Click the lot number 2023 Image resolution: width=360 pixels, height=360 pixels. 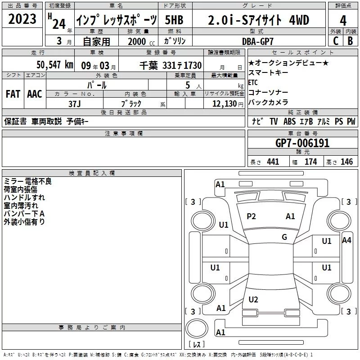(x=22, y=19)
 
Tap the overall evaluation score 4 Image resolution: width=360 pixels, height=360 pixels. (x=343, y=21)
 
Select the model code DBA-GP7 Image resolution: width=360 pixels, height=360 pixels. (x=258, y=41)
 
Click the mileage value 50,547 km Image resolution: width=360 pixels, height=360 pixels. (x=55, y=65)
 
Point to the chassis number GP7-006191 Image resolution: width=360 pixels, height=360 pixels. (x=302, y=143)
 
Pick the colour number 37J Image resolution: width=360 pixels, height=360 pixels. (x=75, y=104)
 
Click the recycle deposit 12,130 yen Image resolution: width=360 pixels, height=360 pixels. (x=228, y=104)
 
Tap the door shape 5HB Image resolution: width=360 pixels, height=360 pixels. (x=174, y=20)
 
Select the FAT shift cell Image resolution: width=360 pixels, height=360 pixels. (x=13, y=94)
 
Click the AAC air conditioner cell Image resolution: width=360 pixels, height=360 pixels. (x=35, y=94)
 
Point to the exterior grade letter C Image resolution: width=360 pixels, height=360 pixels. (x=336, y=41)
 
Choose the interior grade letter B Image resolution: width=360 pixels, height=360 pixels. (x=351, y=41)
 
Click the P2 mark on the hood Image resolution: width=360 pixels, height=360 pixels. (x=251, y=216)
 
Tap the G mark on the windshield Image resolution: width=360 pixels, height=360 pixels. (x=284, y=237)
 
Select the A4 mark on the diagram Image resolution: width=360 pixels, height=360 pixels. (x=346, y=240)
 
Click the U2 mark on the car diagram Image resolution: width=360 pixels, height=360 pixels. (x=253, y=299)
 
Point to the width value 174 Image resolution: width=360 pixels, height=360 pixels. (x=310, y=162)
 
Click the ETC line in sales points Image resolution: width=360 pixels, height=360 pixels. (x=253, y=82)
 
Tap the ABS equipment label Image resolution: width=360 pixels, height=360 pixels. (x=289, y=121)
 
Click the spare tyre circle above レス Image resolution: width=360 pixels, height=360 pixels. (x=197, y=328)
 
